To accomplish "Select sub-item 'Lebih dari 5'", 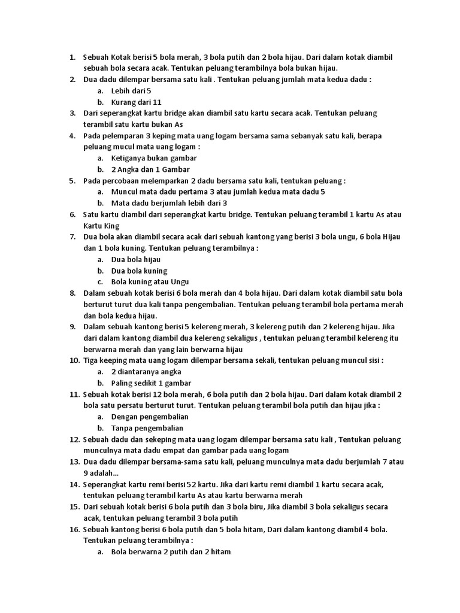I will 131,90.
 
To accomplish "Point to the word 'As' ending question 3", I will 178,125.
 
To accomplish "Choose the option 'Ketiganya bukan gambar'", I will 154,158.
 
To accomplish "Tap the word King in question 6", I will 110,226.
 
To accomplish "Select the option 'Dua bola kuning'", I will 139,271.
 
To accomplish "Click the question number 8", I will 72,293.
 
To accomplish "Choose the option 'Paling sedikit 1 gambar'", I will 151,383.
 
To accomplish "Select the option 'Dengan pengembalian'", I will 150,417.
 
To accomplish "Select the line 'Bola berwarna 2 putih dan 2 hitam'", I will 171,552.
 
